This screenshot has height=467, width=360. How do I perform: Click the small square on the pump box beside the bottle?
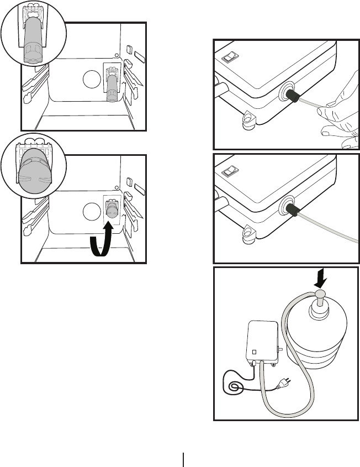click(255, 350)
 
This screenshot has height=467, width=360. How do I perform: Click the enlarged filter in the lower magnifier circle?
click(34, 171)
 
